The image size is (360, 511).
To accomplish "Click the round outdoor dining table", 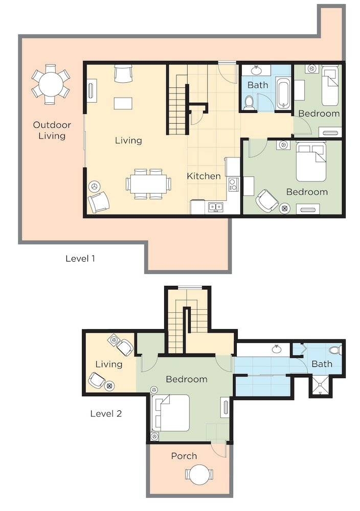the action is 51,85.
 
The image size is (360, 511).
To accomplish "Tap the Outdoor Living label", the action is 52,130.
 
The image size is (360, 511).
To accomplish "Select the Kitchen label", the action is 204,176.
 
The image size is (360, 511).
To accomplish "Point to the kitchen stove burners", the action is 234,184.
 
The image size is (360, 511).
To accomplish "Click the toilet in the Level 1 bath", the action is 250,102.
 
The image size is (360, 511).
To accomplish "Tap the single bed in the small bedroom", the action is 330,86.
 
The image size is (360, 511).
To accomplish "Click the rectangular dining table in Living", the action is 148,184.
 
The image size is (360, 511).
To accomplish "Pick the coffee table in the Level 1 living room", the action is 123,103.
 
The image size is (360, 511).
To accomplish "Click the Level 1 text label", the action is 80,259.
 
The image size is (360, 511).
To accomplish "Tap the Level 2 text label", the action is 106,413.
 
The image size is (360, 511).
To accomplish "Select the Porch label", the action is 184,456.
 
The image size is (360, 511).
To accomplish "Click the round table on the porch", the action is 199,474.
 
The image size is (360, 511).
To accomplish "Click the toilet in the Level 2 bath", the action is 335,351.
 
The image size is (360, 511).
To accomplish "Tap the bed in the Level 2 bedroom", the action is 171,413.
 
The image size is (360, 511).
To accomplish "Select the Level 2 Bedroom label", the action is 187,379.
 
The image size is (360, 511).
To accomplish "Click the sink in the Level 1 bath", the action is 257,69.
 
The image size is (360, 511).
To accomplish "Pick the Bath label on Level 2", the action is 322,364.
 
